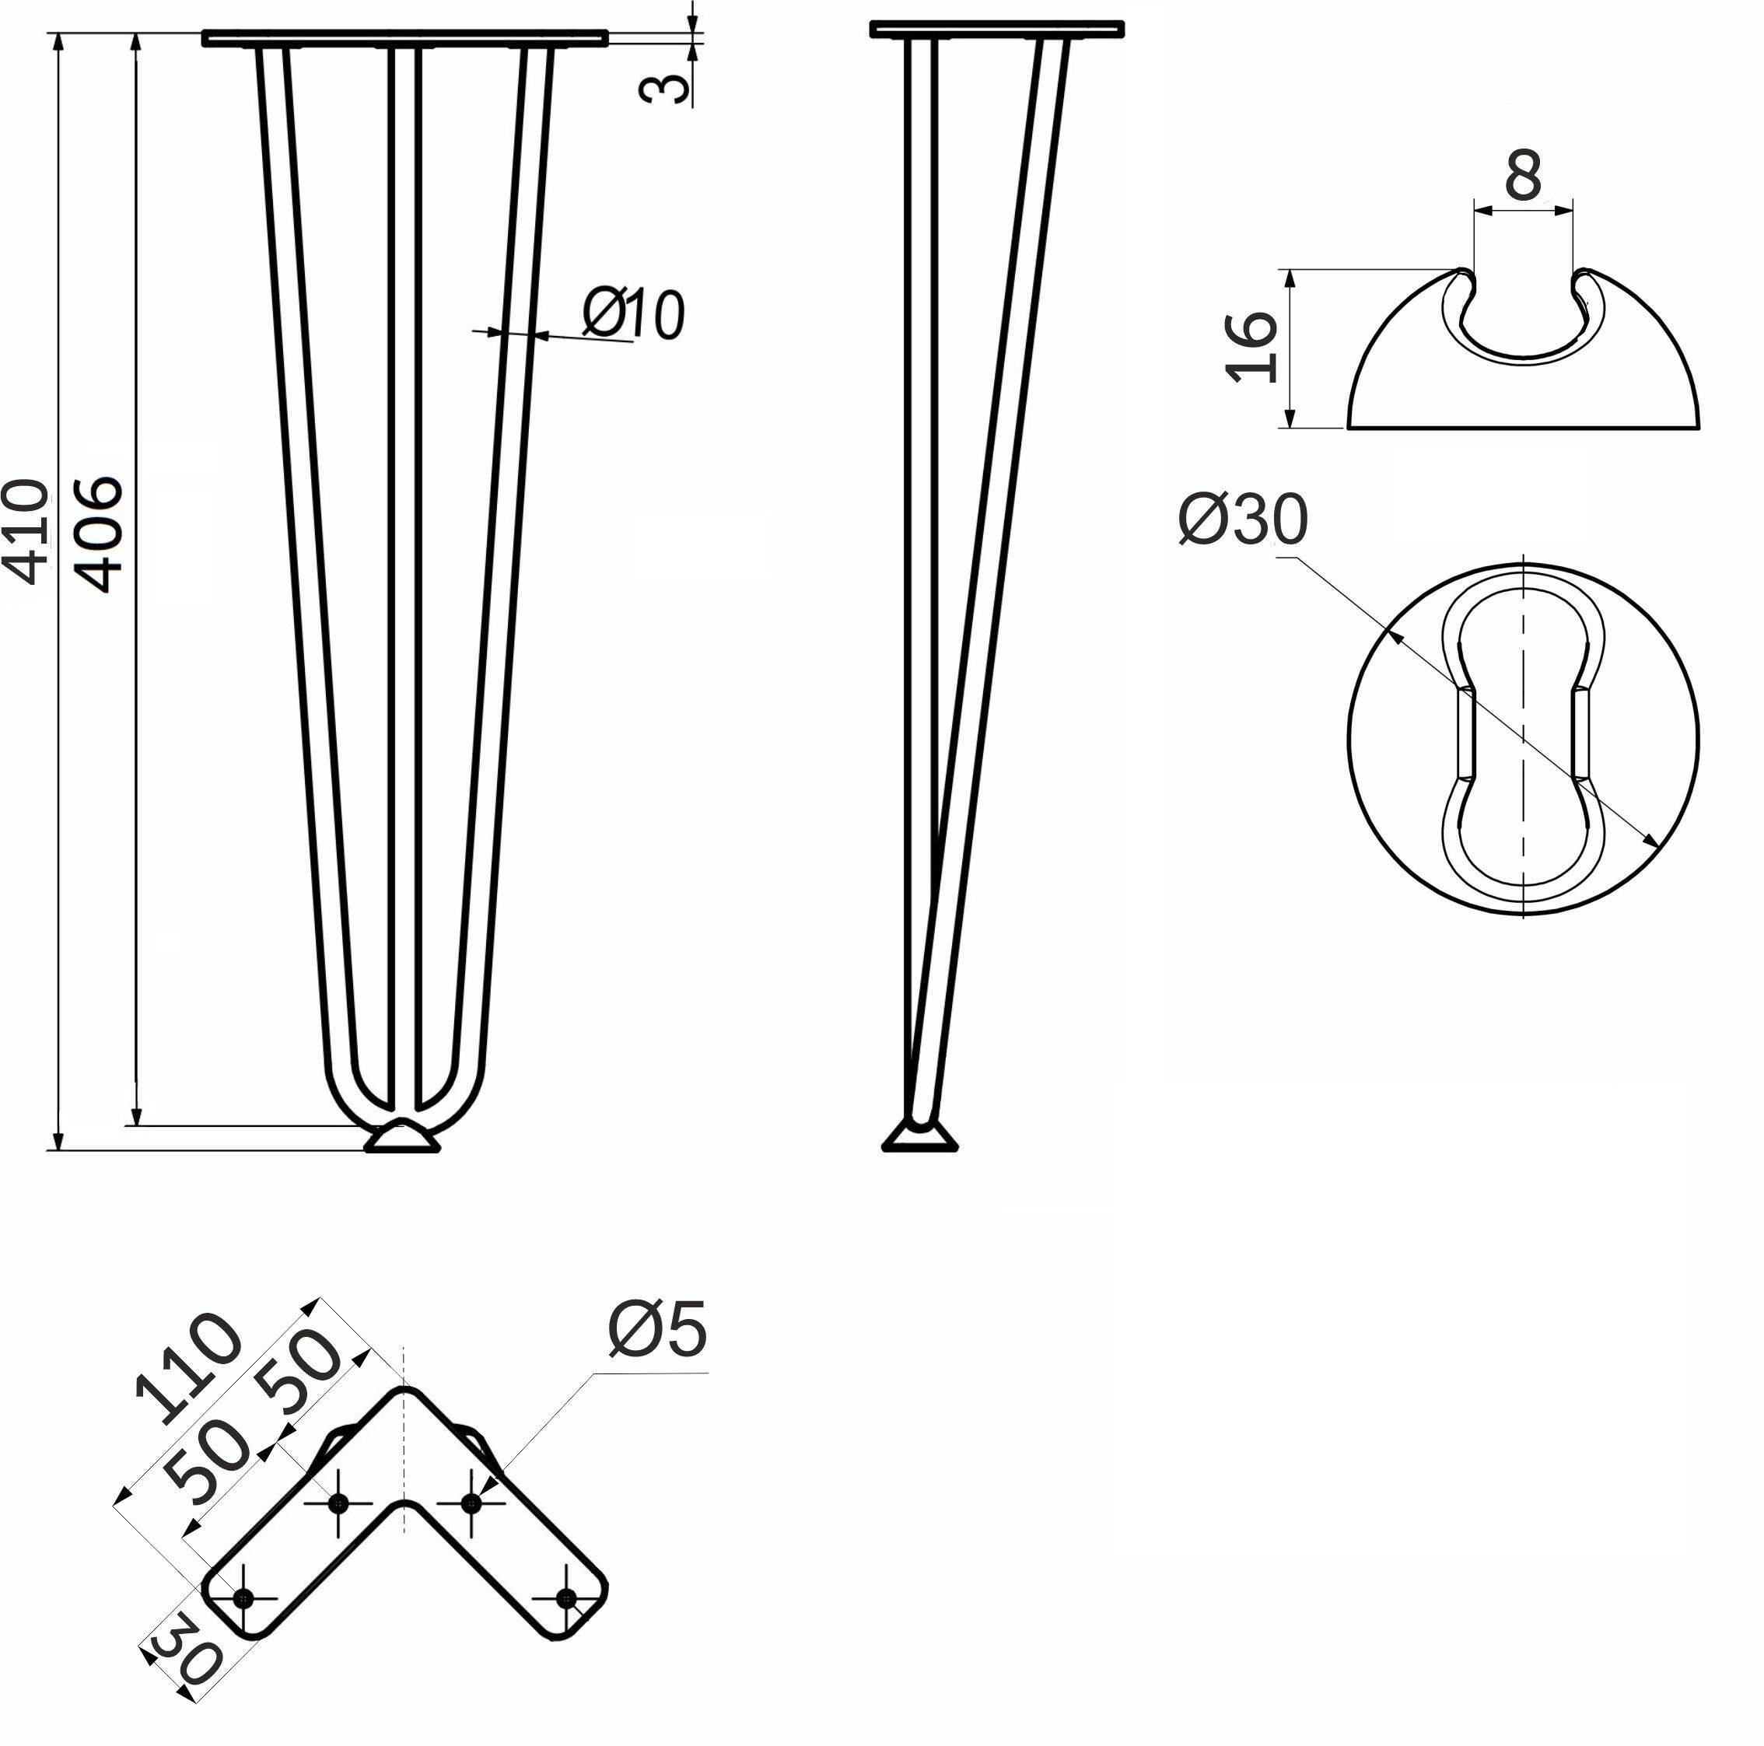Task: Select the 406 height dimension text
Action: pos(96,534)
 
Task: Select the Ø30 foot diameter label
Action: pos(1244,520)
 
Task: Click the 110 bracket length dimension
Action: pos(188,1368)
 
